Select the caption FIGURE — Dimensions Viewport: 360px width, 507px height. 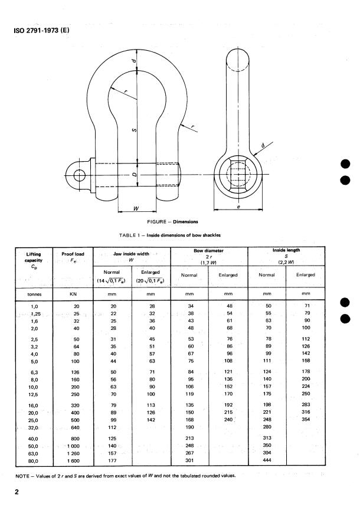pos(179,222)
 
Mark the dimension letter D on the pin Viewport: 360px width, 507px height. pos(136,175)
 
